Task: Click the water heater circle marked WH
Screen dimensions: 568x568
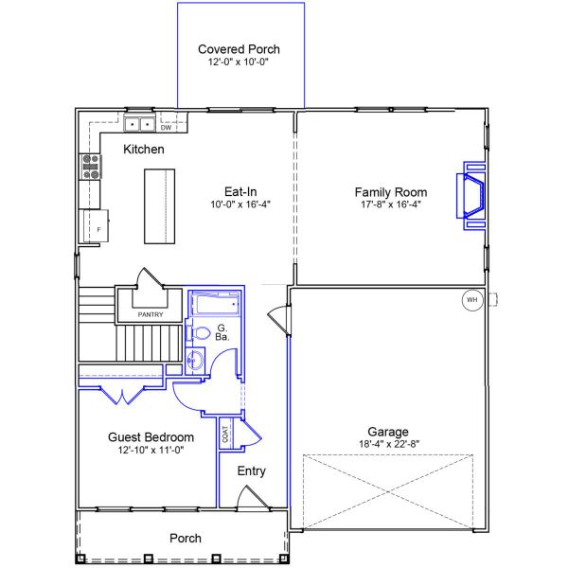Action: (472, 300)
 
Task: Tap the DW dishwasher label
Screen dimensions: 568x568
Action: (166, 128)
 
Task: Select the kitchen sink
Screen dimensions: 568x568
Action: (139, 123)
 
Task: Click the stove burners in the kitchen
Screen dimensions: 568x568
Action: (91, 167)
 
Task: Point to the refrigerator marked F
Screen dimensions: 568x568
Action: (96, 226)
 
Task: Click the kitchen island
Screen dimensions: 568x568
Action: (160, 206)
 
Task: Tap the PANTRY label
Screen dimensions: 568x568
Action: (151, 314)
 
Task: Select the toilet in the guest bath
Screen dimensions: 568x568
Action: (199, 332)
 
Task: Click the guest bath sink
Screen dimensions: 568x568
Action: (195, 361)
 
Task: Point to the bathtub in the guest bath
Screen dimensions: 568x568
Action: (215, 304)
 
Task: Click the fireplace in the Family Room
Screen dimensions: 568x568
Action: (470, 196)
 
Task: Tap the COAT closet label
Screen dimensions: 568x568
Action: (225, 434)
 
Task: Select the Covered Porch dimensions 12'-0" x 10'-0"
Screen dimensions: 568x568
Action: (239, 62)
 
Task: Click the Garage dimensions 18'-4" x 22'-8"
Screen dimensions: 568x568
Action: (389, 444)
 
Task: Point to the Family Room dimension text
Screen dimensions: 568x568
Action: (391, 204)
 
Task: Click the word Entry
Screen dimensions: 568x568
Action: (252, 470)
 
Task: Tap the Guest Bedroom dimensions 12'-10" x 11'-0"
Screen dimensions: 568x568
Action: (151, 450)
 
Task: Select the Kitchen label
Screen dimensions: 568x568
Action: (144, 150)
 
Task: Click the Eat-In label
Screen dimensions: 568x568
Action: (240, 191)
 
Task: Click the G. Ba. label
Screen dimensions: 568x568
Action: (222, 332)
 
